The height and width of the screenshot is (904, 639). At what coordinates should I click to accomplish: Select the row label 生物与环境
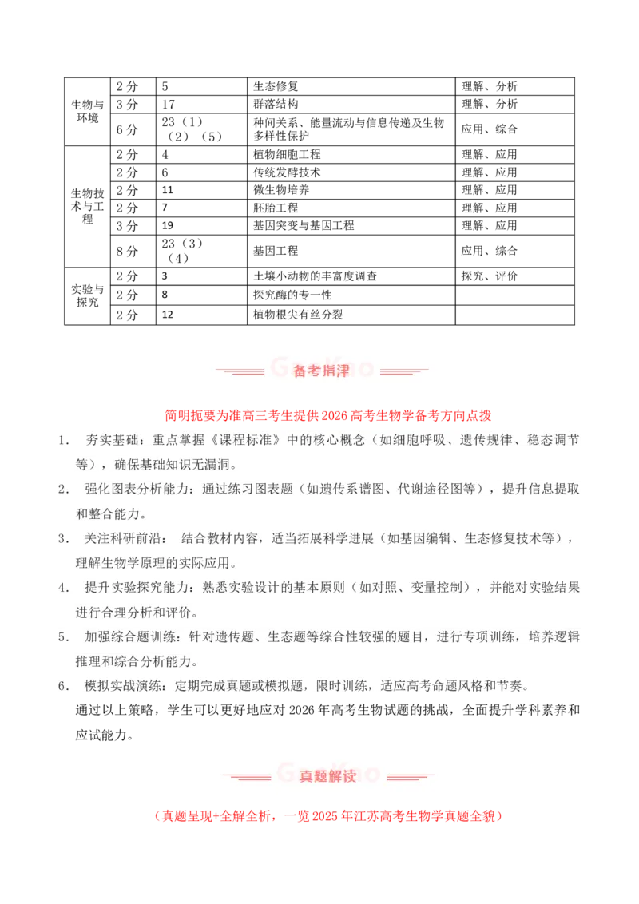88,111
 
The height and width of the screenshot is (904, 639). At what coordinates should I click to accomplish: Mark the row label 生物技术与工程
88,206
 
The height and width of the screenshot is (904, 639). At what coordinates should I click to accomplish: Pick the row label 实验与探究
88,295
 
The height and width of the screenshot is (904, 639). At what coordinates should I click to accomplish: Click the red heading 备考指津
321,371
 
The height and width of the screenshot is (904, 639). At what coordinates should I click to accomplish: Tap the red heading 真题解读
327,776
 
